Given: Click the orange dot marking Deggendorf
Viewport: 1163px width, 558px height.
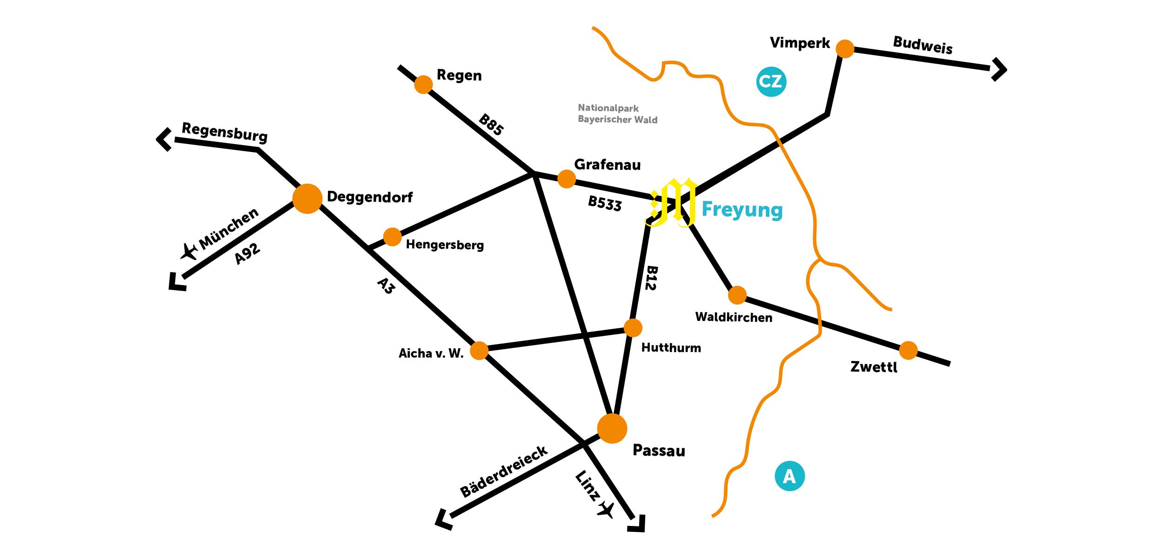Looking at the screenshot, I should (x=307, y=199).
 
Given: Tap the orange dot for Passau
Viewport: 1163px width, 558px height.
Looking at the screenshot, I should (x=612, y=428).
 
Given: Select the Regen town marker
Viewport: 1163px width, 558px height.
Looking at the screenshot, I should (x=423, y=85).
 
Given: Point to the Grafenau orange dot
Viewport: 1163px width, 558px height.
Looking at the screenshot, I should (x=566, y=179).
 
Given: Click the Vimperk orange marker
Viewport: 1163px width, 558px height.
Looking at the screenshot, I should (x=845, y=49).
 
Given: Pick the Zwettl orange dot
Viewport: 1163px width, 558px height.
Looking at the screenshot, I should (x=908, y=351).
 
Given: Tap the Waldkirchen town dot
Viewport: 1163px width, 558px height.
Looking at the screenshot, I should (x=737, y=295).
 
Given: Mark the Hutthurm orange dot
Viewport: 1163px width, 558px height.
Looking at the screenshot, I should (x=633, y=328).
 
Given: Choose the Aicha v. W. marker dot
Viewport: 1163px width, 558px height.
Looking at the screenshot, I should (x=479, y=351).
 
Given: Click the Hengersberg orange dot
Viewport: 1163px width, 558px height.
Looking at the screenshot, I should (x=392, y=237).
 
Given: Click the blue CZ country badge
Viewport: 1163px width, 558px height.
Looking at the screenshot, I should (x=771, y=82).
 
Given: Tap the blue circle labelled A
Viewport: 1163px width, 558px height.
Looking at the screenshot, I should (x=789, y=476).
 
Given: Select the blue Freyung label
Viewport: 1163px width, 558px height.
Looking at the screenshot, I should (x=742, y=209).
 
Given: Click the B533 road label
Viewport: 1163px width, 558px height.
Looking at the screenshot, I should (x=605, y=203).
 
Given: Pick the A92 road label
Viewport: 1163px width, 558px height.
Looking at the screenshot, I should (x=247, y=254).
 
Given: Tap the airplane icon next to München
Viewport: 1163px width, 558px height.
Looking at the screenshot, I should (x=189, y=252).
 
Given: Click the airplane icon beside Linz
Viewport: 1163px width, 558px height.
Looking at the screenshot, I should (x=606, y=510).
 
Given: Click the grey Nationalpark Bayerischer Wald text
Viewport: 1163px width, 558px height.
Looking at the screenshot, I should (x=617, y=114).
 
